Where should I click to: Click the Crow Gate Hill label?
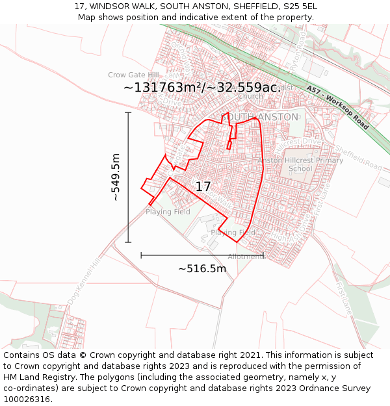point(133,75)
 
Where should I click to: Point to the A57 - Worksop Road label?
point(337,108)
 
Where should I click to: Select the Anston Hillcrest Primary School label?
point(300,164)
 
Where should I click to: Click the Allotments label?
point(247,257)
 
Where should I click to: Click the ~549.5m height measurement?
point(116,177)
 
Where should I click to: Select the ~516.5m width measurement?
point(202,269)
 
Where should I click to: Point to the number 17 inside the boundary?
point(203,186)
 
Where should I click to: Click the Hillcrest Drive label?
point(300,142)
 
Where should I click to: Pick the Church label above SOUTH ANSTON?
point(250,96)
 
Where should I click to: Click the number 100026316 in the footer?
point(27,400)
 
